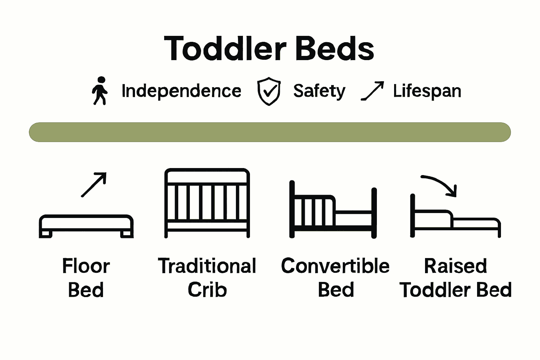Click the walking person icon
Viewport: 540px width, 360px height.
point(100,91)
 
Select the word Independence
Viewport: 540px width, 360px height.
point(181,91)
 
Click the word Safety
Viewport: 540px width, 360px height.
point(319,91)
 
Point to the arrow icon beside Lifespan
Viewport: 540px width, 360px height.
point(373,91)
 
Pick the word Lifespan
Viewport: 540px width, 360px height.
point(427,91)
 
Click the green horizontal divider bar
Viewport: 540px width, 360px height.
point(270,132)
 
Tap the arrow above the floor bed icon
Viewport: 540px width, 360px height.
point(94,185)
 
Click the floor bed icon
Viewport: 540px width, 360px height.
point(86,226)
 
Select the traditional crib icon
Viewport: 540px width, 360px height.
point(207,203)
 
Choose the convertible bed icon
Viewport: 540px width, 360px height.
point(333,210)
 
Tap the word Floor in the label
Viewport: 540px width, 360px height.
point(86,266)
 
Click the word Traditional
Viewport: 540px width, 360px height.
point(207,266)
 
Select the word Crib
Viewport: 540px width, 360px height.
point(207,290)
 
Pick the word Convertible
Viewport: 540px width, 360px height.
point(335,266)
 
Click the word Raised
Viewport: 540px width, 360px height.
point(455,266)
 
